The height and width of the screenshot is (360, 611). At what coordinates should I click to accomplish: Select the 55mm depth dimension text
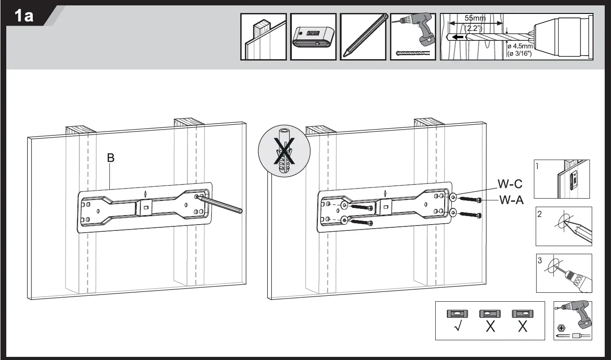(x=475, y=18)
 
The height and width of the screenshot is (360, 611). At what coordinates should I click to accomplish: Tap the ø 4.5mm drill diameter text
(x=520, y=46)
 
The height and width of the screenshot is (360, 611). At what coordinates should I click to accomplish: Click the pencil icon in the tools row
(x=363, y=36)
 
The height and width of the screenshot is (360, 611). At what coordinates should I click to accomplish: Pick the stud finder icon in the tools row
(x=313, y=37)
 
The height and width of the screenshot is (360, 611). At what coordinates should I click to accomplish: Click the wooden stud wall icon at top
(x=263, y=36)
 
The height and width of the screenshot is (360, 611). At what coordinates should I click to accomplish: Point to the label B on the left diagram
(x=111, y=158)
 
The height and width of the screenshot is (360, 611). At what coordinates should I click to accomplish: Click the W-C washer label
(x=510, y=184)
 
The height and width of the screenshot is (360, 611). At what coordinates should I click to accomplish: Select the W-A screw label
(x=511, y=200)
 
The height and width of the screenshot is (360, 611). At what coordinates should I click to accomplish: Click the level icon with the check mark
(x=457, y=314)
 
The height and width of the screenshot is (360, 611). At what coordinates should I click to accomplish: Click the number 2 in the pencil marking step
(x=540, y=214)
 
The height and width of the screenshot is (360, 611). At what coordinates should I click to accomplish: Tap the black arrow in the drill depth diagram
(x=458, y=37)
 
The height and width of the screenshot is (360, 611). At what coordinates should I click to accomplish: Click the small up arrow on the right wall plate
(x=386, y=193)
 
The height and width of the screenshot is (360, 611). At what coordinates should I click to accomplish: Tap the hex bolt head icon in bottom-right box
(x=560, y=327)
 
